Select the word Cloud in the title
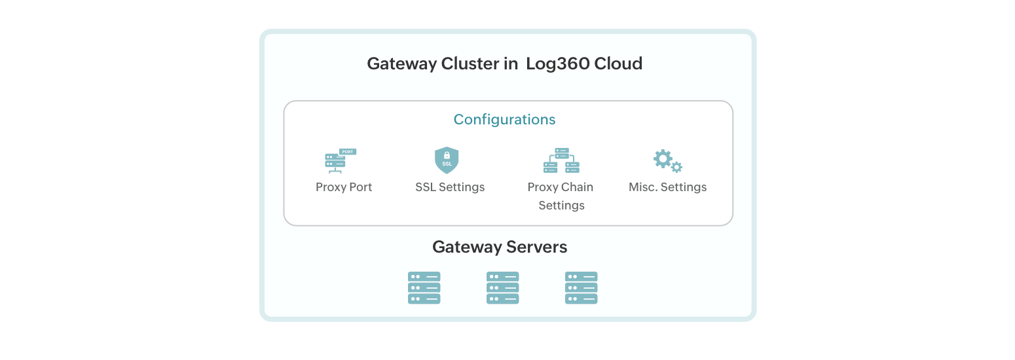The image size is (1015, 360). [x=618, y=64]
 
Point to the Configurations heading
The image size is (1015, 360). [x=504, y=120]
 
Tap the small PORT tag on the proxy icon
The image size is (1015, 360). [x=348, y=152]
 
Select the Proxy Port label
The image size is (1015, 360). [x=344, y=187]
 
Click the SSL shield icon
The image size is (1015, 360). [x=447, y=160]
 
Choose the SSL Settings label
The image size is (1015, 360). [x=450, y=187]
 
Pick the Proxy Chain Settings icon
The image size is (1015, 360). [x=561, y=160]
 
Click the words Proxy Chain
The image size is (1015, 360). [x=561, y=187]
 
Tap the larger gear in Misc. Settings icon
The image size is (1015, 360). [x=663, y=158]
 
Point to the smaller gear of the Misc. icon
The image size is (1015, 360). [x=677, y=168]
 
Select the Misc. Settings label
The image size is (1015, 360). [x=667, y=187]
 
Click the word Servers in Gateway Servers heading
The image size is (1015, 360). [x=536, y=247]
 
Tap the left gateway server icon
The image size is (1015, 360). [x=424, y=288]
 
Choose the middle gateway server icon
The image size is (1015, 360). [x=503, y=288]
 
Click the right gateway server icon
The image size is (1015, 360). [x=581, y=288]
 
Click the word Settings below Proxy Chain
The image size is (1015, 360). [x=561, y=206]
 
